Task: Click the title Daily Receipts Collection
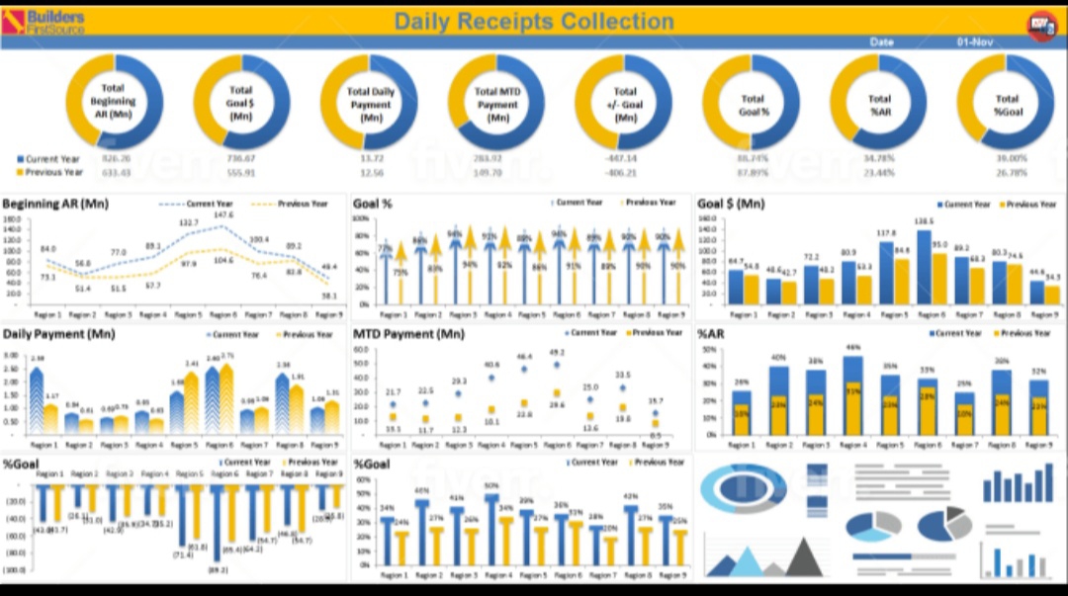coord(533,21)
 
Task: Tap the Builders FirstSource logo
coord(44,22)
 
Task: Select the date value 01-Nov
coord(975,43)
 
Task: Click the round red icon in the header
coord(1041,24)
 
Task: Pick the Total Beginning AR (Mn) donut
coord(114,102)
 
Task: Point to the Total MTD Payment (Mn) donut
coord(497,102)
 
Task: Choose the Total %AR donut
coord(879,102)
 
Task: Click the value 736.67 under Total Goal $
coord(240,158)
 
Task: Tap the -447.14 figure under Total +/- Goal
coord(624,158)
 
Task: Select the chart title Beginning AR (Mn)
coord(55,205)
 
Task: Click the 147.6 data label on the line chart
coord(223,215)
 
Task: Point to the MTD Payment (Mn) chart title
coord(408,334)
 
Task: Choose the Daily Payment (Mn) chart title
coord(58,334)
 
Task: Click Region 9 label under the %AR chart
coord(1037,446)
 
